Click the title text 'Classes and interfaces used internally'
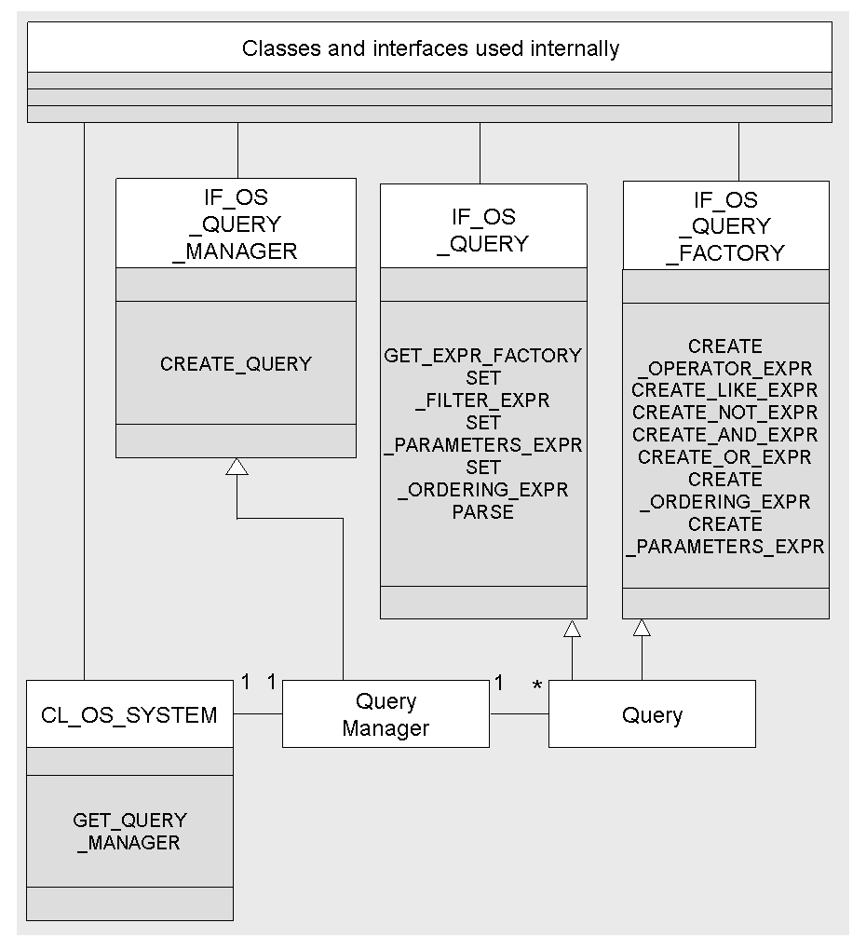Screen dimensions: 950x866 pos(430,48)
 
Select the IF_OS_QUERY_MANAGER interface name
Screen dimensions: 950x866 pos(236,224)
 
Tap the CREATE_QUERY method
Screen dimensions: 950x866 pos(236,364)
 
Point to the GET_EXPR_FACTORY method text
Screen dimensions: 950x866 pos(483,356)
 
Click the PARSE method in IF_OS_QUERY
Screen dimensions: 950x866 pos(483,512)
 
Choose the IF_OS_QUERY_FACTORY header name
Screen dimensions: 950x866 pos(725,226)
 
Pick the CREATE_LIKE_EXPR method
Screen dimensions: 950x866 pos(725,390)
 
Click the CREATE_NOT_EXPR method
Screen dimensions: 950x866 pos(725,413)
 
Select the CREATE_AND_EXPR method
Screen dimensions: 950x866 pos(725,435)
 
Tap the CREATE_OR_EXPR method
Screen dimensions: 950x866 pos(725,457)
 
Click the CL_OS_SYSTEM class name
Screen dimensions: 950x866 pos(129,715)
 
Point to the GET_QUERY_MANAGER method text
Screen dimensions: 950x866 pos(130,831)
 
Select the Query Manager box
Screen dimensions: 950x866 pos(386,714)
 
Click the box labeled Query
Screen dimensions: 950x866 pos(652,714)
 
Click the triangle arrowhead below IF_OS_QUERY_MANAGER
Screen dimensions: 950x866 pos(237,467)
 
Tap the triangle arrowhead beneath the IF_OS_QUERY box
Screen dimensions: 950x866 pos(572,629)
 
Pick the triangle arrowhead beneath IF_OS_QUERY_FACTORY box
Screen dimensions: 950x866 pos(641,629)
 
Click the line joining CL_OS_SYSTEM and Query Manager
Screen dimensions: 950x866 pos(257,714)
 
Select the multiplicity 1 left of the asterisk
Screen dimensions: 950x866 pos(499,684)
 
